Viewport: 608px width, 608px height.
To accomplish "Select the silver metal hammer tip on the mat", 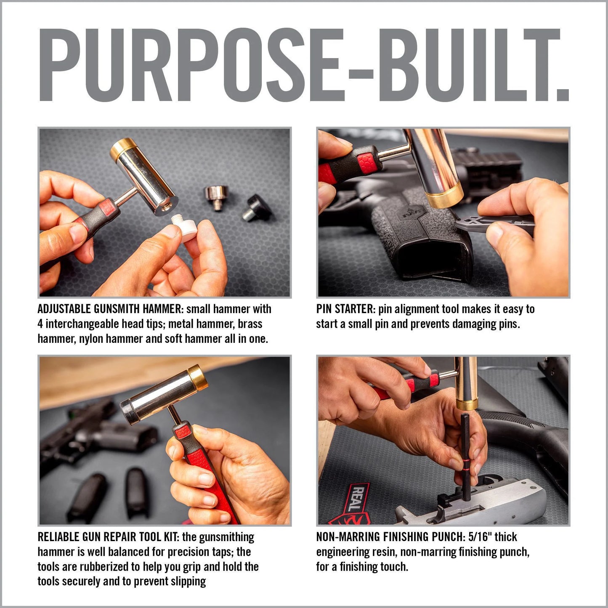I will [x=216, y=196].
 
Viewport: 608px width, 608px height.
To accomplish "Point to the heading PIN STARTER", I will [x=345, y=309].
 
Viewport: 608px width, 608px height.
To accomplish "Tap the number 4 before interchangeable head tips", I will [x=40, y=324].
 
